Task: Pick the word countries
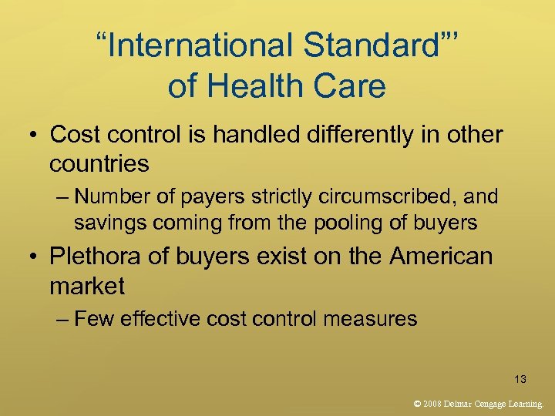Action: (x=99, y=164)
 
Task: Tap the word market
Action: (x=86, y=287)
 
